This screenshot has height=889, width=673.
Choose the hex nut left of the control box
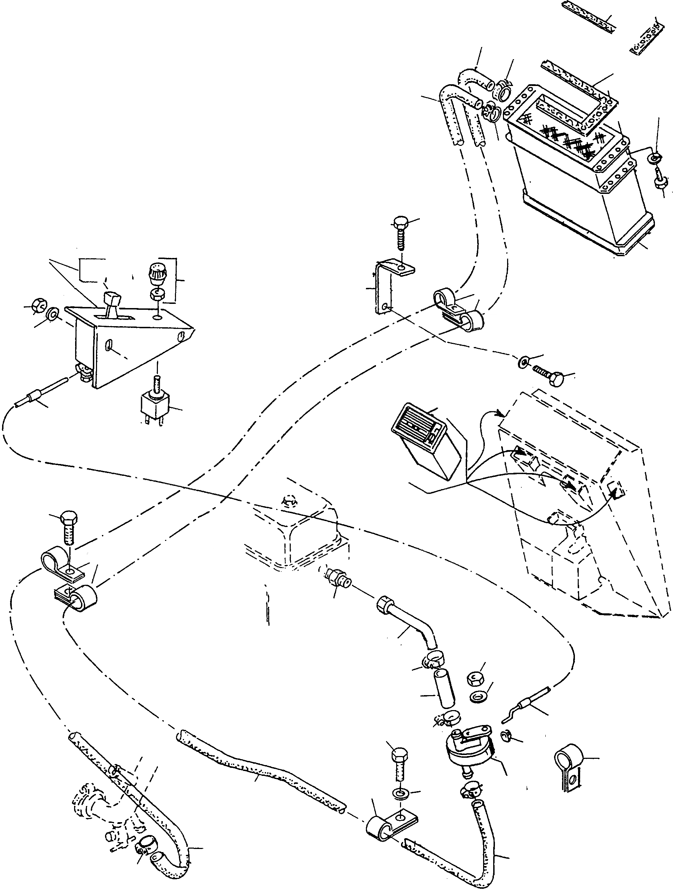click(39, 306)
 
